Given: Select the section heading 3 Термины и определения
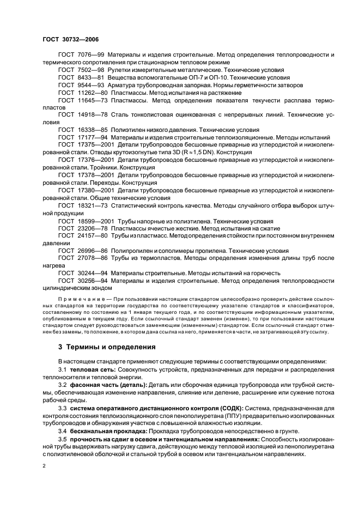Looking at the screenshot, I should (107, 347).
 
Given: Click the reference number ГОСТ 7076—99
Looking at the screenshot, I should (81, 55).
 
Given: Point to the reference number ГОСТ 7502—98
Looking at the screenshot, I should (81, 70).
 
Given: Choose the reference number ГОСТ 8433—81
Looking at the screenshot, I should (81, 78).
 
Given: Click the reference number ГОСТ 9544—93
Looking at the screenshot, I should (81, 86).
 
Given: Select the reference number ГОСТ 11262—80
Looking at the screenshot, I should (83, 93).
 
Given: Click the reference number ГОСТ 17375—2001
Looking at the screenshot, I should (86, 147).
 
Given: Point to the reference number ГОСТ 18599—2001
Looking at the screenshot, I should (86, 222).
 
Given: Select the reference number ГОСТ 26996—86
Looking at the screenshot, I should (83, 251).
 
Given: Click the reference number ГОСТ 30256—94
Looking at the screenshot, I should (83, 281).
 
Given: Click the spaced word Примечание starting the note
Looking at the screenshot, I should (81, 299).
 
